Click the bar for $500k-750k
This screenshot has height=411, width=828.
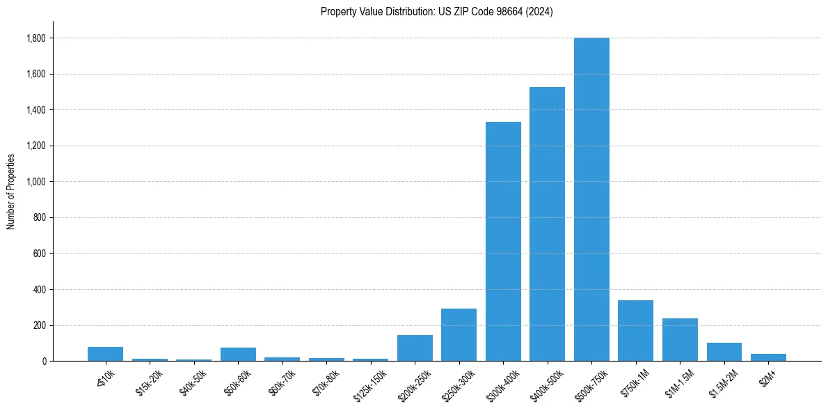click(x=591, y=199)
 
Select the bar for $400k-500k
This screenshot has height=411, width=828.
click(x=547, y=224)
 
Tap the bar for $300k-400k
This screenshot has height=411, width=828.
click(x=503, y=242)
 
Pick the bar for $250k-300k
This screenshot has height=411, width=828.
click(x=459, y=335)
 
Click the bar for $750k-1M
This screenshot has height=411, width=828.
click(x=635, y=331)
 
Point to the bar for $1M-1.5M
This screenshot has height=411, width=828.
click(x=680, y=340)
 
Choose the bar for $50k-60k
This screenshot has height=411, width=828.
click(x=238, y=355)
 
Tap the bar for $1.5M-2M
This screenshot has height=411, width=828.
click(x=724, y=352)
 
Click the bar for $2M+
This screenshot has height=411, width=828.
click(x=768, y=357)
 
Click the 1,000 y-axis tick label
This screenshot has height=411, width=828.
click(x=36, y=182)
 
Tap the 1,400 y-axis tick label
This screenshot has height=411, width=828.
click(x=36, y=110)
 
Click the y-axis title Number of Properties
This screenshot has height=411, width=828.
click(x=10, y=192)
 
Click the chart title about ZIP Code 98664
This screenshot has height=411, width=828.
click(x=436, y=12)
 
